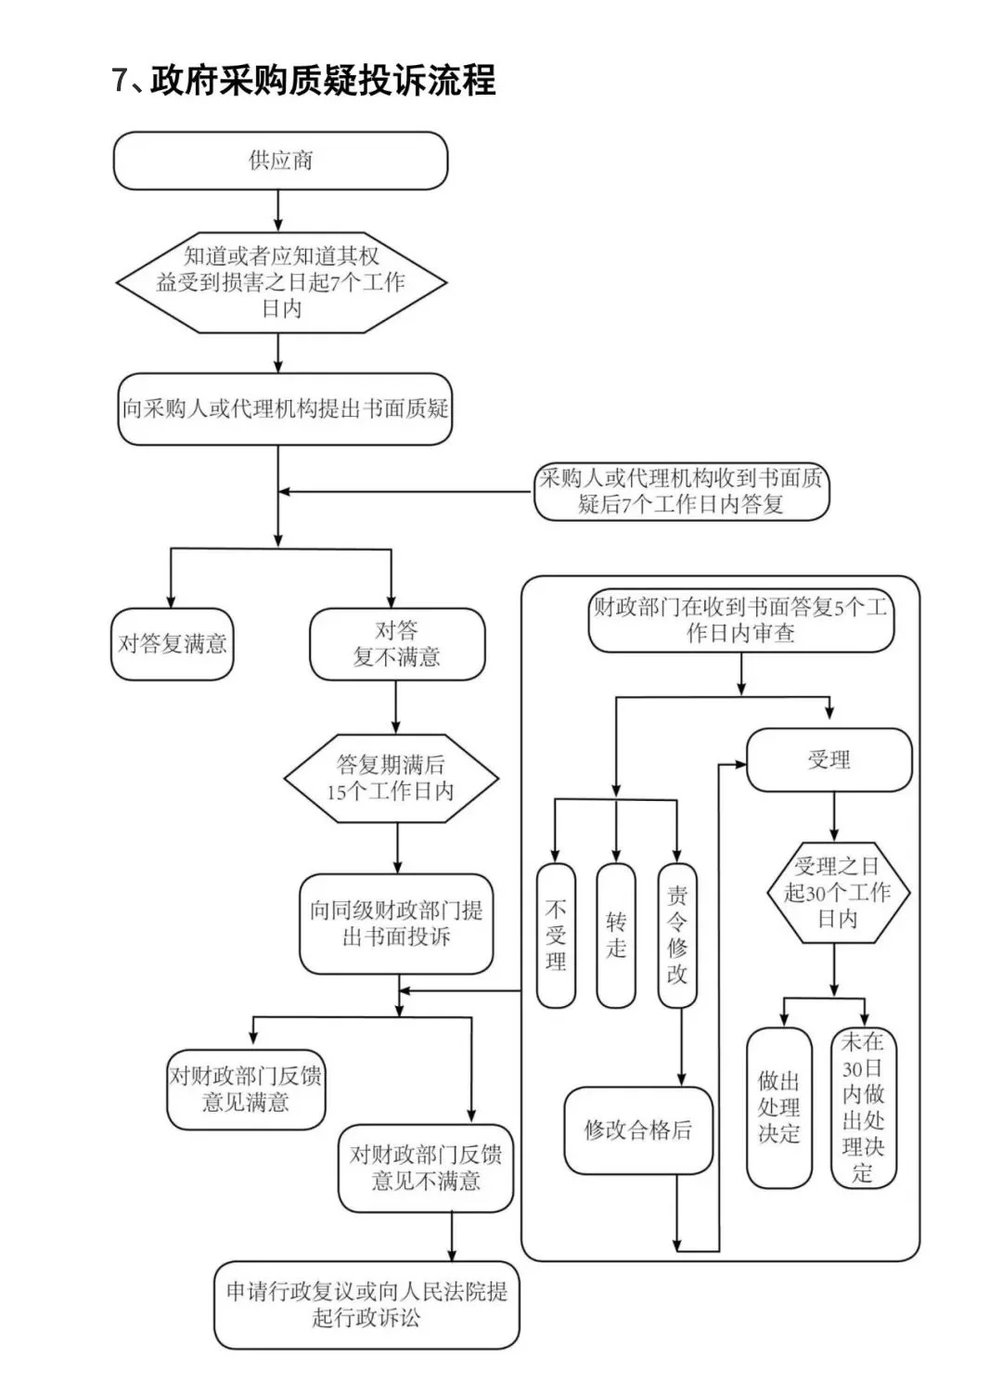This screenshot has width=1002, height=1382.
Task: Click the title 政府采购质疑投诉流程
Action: tap(303, 81)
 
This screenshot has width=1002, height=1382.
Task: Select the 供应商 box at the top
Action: tap(280, 161)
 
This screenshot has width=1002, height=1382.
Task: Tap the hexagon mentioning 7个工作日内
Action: tap(280, 282)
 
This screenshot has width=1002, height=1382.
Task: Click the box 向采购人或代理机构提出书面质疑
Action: tap(285, 408)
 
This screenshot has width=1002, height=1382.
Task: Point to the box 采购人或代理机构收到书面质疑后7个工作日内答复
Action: tap(681, 492)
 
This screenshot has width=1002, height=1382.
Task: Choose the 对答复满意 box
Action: tap(173, 644)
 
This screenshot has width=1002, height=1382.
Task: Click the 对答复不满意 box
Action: tap(396, 644)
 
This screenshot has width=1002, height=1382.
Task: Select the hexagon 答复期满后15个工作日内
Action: tap(391, 779)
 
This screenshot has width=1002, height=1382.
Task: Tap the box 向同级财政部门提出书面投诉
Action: tap(396, 923)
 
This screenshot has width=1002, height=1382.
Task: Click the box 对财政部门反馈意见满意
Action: tap(246, 1090)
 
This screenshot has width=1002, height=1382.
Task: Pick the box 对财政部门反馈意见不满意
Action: tap(426, 1169)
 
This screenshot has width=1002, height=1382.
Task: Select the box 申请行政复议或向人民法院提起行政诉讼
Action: tap(366, 1304)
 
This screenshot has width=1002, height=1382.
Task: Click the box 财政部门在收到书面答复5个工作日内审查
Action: tap(740, 621)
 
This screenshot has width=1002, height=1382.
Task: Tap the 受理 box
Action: tap(829, 760)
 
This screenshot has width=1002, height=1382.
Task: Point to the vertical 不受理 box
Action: tap(556, 936)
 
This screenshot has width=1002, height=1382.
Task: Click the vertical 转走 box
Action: tap(616, 936)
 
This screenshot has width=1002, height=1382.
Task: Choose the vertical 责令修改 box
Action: tap(677, 936)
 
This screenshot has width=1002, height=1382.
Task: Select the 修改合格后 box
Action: tap(638, 1130)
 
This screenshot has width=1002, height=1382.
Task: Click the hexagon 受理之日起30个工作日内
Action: tap(838, 893)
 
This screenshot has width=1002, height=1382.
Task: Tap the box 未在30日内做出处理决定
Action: tap(863, 1107)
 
